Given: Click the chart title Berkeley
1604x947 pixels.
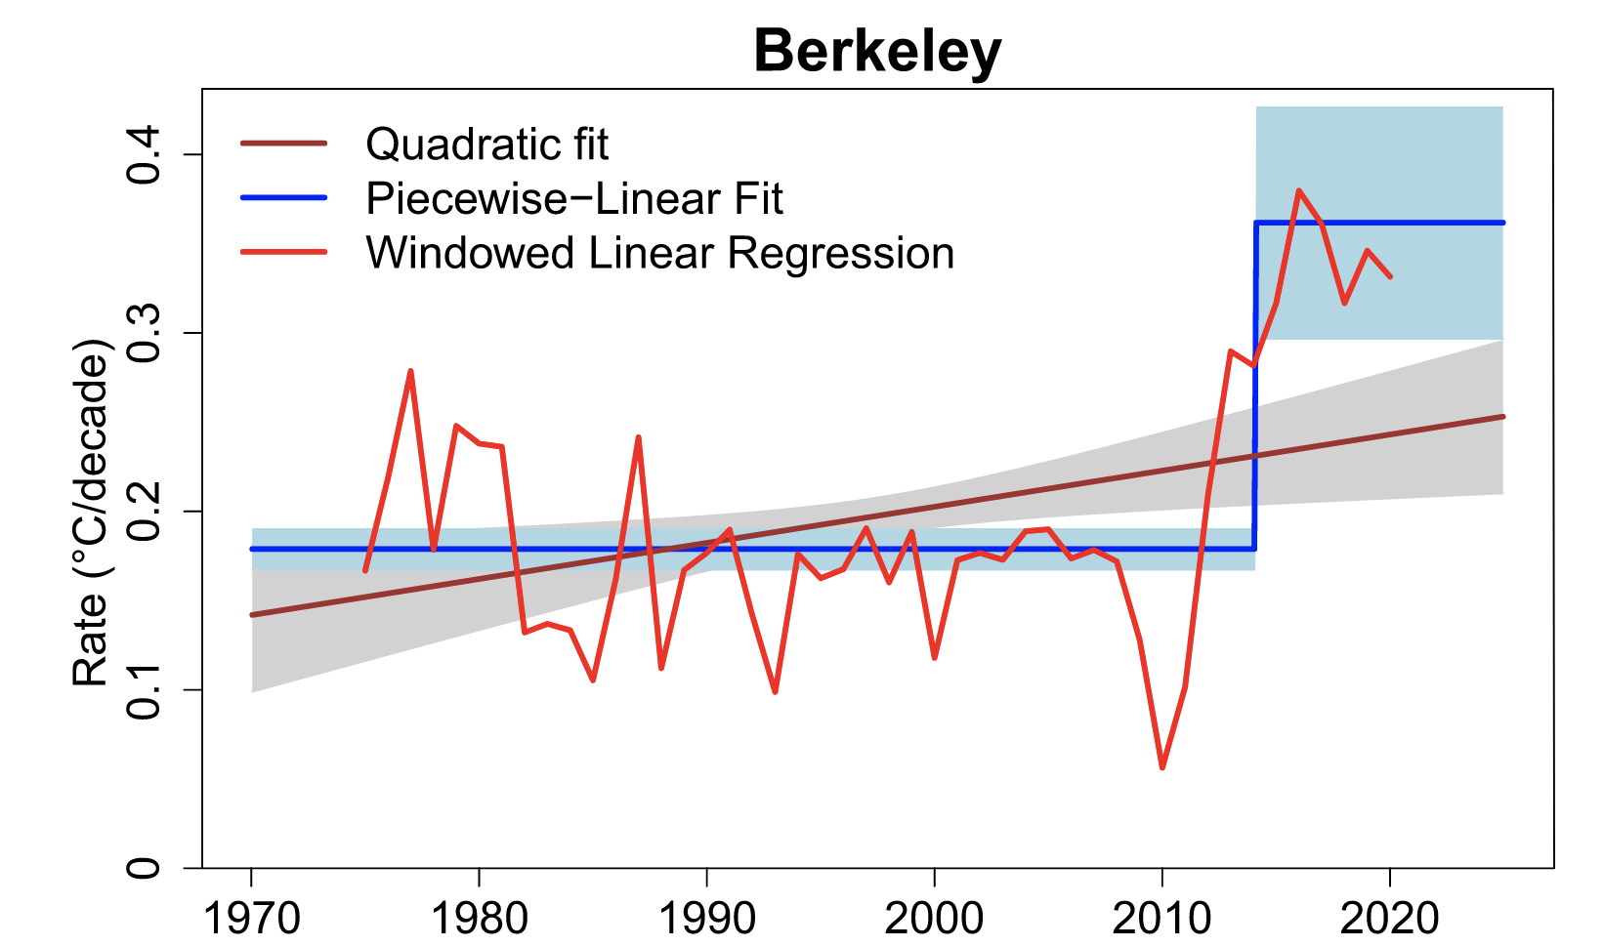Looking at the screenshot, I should point(877,51).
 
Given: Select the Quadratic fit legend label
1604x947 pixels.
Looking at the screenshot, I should point(486,144).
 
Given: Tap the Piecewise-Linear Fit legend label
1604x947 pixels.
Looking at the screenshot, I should point(573,199).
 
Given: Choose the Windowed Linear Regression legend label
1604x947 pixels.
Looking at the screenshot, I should point(659,254).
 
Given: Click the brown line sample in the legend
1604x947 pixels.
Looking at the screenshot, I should point(283,144).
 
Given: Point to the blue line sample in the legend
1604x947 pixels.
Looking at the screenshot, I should point(283,198).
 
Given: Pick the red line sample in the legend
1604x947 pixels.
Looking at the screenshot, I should point(283,252).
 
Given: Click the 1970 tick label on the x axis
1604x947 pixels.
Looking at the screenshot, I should point(251,919).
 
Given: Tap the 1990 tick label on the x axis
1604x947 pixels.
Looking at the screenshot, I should point(706,919).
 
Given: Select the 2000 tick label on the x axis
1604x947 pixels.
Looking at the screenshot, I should point(935,919).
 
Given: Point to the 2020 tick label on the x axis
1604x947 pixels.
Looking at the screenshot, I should point(1390,919).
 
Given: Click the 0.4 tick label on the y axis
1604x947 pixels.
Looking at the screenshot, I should point(145,154).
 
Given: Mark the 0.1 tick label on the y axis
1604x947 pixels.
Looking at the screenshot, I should point(145,689).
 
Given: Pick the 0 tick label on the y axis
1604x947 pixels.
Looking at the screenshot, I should point(145,867).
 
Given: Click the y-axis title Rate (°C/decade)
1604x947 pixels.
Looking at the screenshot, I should point(90,513).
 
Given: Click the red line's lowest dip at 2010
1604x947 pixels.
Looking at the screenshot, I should point(1162,767).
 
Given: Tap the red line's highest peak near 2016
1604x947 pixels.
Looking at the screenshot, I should point(1298,190).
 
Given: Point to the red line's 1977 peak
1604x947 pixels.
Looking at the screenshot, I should point(410,371).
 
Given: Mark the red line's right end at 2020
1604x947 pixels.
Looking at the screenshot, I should point(1390,276).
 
